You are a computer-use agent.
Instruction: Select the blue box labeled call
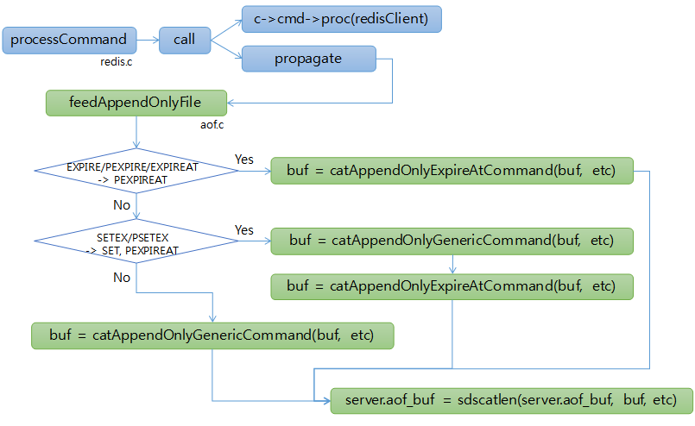click(x=185, y=40)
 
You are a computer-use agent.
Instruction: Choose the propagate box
click(x=309, y=59)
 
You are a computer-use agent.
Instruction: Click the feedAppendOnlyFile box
click(x=136, y=103)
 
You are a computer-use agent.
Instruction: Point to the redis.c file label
click(x=117, y=63)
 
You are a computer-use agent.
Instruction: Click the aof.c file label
click(x=212, y=126)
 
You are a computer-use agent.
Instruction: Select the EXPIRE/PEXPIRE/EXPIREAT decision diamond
click(x=136, y=171)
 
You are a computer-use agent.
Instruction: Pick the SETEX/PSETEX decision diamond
click(x=136, y=241)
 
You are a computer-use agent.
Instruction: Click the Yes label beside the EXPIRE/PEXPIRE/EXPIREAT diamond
click(x=244, y=160)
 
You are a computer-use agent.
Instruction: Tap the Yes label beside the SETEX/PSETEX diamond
click(x=244, y=230)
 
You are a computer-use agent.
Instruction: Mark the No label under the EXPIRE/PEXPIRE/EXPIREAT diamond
click(x=123, y=205)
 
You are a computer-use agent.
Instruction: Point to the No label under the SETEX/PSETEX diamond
click(x=123, y=277)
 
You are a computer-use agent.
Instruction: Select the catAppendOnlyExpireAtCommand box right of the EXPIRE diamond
click(x=451, y=171)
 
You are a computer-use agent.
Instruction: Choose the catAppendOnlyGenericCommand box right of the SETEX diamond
click(x=451, y=241)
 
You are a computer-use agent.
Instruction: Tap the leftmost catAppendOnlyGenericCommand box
click(x=212, y=335)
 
